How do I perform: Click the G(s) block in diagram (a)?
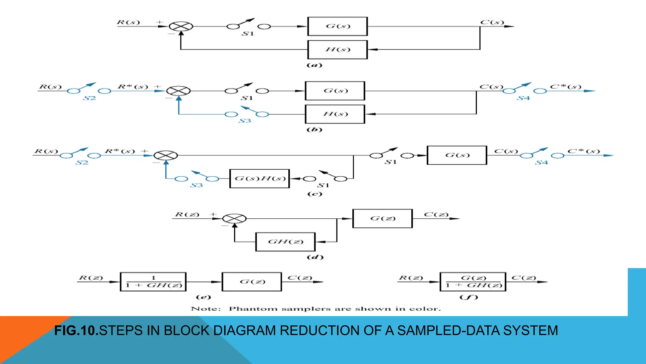[x=338, y=26]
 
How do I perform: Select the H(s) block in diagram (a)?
[x=338, y=50]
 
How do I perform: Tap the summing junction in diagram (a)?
[x=181, y=26]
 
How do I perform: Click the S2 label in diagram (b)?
[x=89, y=98]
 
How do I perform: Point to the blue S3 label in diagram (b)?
[x=245, y=121]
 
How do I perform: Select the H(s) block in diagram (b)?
[x=335, y=114]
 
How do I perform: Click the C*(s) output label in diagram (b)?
[x=565, y=87]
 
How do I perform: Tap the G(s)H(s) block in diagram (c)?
[x=260, y=179]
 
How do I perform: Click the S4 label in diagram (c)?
[x=541, y=163]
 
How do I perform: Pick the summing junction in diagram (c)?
[x=166, y=155]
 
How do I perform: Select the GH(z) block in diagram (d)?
[x=285, y=242]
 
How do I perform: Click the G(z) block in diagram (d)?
[x=382, y=218]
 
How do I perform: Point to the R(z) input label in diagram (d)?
[x=187, y=215]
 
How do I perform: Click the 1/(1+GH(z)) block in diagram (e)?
[x=153, y=282]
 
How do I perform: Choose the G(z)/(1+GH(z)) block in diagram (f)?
[x=473, y=282]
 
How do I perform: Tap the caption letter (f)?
[x=469, y=297]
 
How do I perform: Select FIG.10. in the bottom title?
[x=76, y=331]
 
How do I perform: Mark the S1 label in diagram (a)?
[x=248, y=34]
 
